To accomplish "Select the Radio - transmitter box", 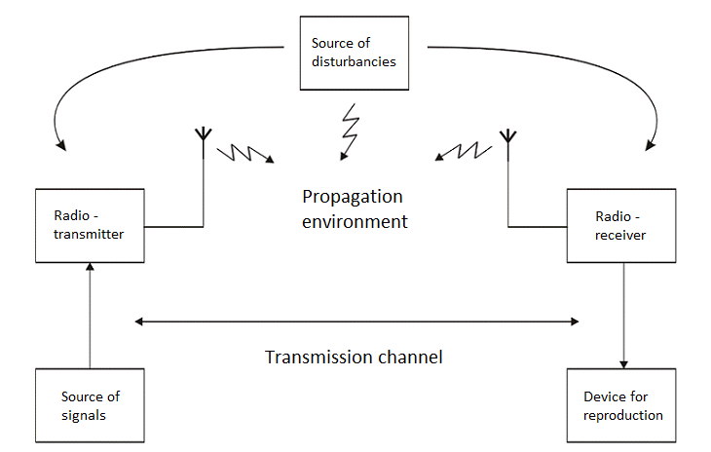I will [x=90, y=225].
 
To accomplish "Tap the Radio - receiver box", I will [x=621, y=225].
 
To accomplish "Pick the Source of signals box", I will [x=90, y=405].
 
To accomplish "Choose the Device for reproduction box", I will [x=621, y=405].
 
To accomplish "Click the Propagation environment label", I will [x=353, y=208].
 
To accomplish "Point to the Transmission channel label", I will [x=354, y=357].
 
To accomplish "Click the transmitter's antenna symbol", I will [x=203, y=135].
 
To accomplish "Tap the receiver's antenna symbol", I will [x=506, y=135].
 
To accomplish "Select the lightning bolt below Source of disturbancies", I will [x=350, y=132].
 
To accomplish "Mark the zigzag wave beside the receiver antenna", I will [x=464, y=150].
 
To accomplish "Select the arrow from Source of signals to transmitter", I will [x=90, y=317].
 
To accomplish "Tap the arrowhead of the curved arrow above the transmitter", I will [x=61, y=145].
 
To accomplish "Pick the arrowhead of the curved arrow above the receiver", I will [x=650, y=145].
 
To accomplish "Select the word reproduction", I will [x=623, y=415].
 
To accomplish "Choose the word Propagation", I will [x=353, y=197].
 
